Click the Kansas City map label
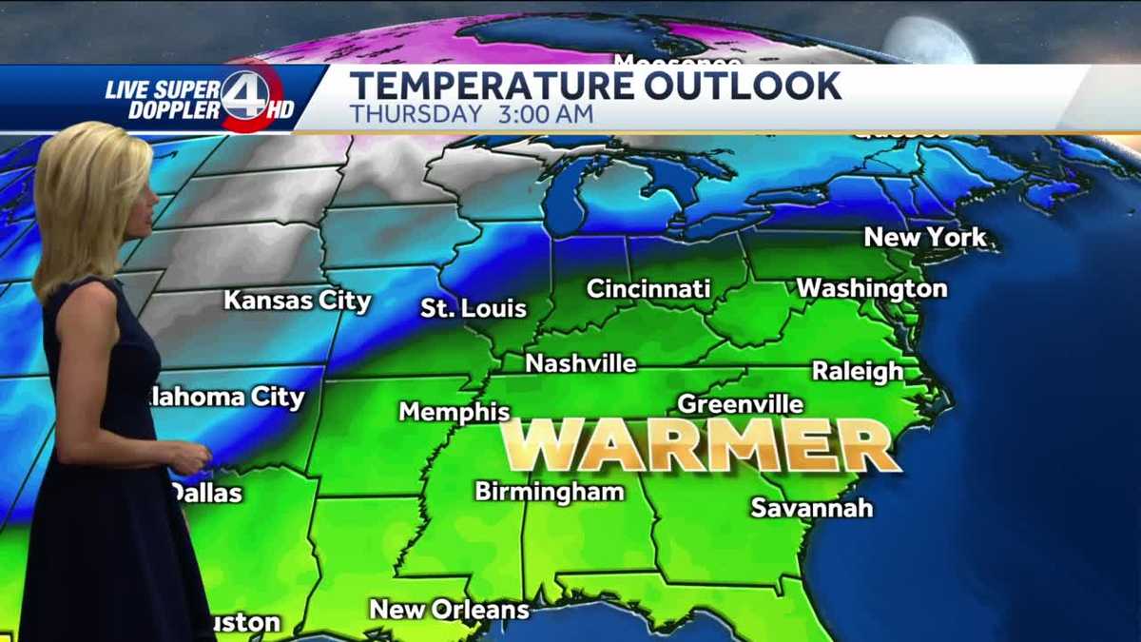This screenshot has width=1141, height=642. pos(298,301)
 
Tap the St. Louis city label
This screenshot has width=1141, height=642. pos(474,308)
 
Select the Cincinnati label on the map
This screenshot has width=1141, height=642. pos(648,288)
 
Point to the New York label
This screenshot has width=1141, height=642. pos(925,238)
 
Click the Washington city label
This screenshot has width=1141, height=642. pos(872,287)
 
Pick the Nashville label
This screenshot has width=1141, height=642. pos(581,363)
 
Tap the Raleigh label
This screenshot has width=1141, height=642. pos(858,371)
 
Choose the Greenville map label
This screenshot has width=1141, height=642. pos(740,404)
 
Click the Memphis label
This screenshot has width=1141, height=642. pos(454,412)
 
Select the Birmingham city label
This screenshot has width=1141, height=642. pos(550,492)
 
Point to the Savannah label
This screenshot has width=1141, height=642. pos(812,508)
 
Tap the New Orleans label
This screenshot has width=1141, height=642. pos(449,609)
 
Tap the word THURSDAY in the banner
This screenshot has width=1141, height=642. pos(416,114)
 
